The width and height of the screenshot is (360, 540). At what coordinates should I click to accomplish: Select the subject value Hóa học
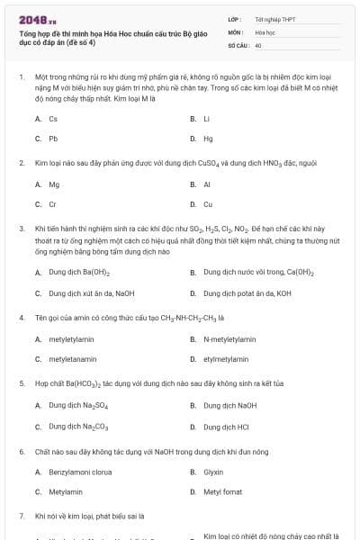point(265,31)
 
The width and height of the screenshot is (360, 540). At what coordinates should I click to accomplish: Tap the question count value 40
point(258,44)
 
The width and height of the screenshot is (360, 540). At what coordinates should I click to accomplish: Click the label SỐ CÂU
point(238,44)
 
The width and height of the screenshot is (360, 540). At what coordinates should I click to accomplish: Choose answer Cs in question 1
point(53,119)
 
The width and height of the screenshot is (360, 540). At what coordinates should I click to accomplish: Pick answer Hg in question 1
point(208,139)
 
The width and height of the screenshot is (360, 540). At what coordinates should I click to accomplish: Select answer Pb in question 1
point(53,139)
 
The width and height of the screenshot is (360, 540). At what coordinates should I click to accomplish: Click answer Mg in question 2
point(54,184)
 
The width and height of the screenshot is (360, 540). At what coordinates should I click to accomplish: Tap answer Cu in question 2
point(208,204)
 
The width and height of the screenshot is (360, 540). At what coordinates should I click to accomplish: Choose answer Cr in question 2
point(53,204)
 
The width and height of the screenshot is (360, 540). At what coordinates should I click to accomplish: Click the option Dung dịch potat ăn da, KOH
point(247,293)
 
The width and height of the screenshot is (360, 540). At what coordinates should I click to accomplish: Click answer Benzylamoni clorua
point(80,472)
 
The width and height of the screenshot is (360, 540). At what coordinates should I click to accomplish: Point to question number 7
point(22,516)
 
